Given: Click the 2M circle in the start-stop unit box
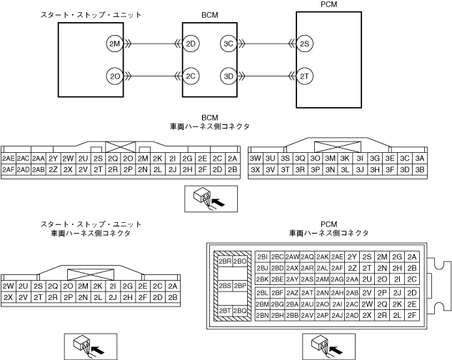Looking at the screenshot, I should click(x=114, y=44).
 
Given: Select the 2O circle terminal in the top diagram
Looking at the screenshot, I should click(x=114, y=75).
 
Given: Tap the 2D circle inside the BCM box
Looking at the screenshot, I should click(x=191, y=44).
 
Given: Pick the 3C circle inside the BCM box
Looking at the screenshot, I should click(x=228, y=44).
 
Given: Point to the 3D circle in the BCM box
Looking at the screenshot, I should click(x=228, y=75).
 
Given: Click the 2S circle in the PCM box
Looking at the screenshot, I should click(x=305, y=44).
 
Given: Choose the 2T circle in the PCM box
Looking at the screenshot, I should click(x=305, y=75).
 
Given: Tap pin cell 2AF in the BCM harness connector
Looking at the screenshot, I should click(x=9, y=170).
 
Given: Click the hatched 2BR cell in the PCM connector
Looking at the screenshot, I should click(x=224, y=261).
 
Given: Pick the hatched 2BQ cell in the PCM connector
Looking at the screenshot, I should click(x=240, y=311).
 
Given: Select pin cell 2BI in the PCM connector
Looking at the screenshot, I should click(x=262, y=256).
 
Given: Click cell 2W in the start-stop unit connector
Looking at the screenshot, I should click(x=9, y=286).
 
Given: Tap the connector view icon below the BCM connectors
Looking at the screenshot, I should click(x=208, y=199).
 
